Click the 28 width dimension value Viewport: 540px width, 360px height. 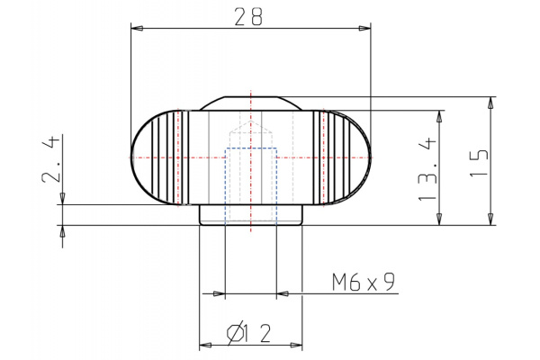pos(248,16)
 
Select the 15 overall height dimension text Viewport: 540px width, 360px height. pos(480,163)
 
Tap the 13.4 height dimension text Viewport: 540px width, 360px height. pos(427,169)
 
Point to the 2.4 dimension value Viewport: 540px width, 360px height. pos(51,158)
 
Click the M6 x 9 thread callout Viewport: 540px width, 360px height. pos(364,282)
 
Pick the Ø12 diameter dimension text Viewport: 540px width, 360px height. pos(248,333)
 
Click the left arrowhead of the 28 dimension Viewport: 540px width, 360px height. pos(137,28)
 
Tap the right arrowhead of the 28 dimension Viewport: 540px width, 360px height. pos(364,28)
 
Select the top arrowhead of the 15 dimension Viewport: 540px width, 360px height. pos(490,103)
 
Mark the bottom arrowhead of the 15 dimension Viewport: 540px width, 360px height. pos(490,219)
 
